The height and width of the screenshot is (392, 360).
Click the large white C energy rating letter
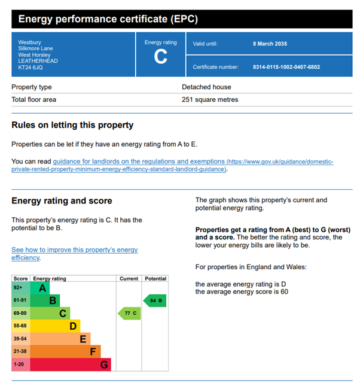pyautogui.click(x=160, y=56)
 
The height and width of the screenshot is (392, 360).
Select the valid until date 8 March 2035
pyautogui.click(x=270, y=44)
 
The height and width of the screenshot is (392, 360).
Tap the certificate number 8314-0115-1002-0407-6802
pyautogui.click(x=286, y=67)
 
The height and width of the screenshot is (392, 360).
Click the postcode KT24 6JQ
pyautogui.click(x=30, y=68)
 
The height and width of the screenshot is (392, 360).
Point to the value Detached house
pyautogui.click(x=206, y=87)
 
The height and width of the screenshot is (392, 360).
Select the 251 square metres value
pyautogui.click(x=210, y=99)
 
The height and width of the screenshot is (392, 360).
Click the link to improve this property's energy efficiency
pyautogui.click(x=74, y=254)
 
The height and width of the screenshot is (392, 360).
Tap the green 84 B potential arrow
pyautogui.click(x=155, y=300)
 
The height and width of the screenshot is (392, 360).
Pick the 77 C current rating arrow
pyautogui.click(x=129, y=313)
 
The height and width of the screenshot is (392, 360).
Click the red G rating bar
pyautogui.click(x=71, y=364)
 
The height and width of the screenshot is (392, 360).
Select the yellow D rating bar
pyautogui.click(x=55, y=326)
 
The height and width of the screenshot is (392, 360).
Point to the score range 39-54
pyautogui.click(x=20, y=339)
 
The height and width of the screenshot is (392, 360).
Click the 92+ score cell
pyautogui.click(x=18, y=288)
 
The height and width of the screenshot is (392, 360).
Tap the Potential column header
pyautogui.click(x=155, y=278)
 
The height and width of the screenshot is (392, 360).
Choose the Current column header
pyautogui.click(x=129, y=278)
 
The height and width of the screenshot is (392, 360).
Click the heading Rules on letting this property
pyautogui.click(x=72, y=125)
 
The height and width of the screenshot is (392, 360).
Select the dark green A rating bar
pyautogui.click(x=40, y=288)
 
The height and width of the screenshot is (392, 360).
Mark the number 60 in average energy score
pyautogui.click(x=284, y=291)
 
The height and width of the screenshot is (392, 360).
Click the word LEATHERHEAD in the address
pyautogui.click(x=38, y=61)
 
